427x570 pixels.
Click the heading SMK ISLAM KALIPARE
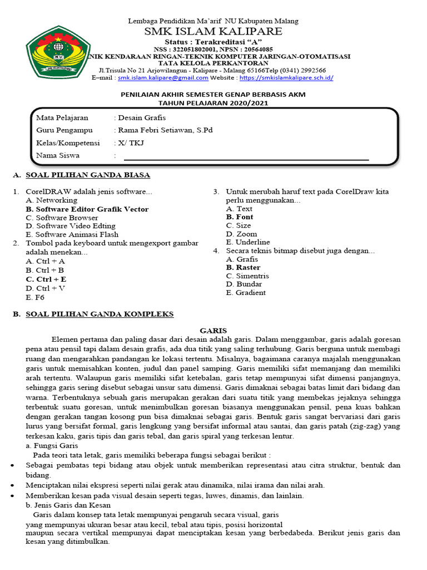tap(213, 32)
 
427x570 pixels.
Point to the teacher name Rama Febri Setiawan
tap(165, 130)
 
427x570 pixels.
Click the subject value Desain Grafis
tap(141, 117)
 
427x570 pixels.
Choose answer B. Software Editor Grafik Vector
tap(87, 209)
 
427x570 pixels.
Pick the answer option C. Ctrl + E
tap(46, 279)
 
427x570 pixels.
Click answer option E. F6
tap(35, 297)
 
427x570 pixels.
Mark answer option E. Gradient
tap(246, 293)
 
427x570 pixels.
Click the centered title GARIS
tap(213, 331)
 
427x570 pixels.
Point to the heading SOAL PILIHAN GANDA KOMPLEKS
tap(100, 315)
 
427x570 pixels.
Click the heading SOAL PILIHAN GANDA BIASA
tap(88, 175)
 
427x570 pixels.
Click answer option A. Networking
tap(52, 200)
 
